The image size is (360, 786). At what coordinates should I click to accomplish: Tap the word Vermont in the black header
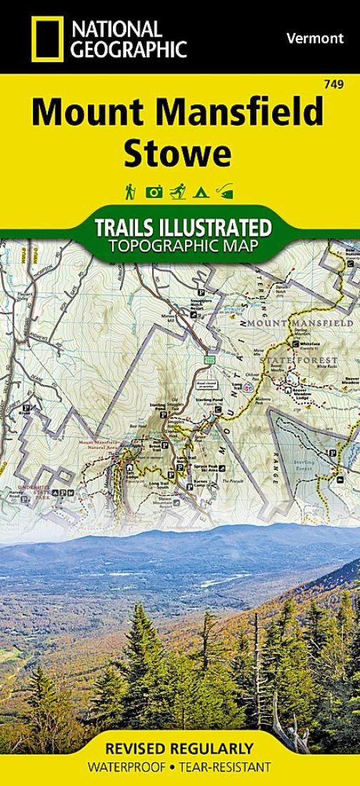pos(315,39)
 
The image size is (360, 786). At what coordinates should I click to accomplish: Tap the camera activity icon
pos(154,191)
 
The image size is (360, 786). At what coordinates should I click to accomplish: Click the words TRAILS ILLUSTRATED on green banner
pos(182,229)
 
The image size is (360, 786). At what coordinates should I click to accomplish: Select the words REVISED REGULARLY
pos(179,749)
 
